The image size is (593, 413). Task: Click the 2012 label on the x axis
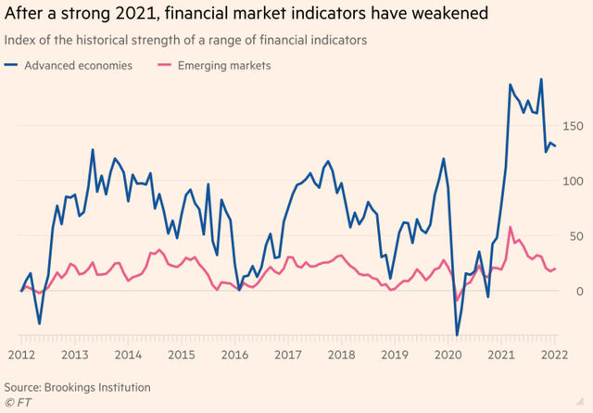(21, 355)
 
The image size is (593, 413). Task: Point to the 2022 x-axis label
(555, 355)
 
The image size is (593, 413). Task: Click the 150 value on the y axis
(575, 125)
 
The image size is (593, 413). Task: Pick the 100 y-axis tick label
(575, 180)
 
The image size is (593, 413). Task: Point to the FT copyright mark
(16, 403)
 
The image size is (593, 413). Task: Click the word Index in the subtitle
(21, 40)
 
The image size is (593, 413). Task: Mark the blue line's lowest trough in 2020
(457, 335)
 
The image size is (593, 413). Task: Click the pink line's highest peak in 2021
(511, 227)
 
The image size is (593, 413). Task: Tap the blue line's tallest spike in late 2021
(541, 80)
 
